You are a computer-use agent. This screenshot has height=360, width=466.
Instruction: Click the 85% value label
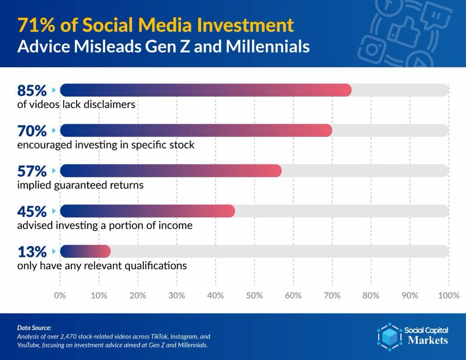[32, 90]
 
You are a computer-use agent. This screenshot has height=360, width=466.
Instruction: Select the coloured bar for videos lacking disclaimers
[206, 90]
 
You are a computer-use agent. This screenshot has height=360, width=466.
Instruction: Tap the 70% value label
[32, 130]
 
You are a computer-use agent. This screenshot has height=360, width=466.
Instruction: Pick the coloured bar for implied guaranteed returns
[171, 171]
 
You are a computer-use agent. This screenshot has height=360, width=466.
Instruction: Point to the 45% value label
[32, 211]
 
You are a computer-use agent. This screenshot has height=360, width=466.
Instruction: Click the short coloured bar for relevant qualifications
[85, 251]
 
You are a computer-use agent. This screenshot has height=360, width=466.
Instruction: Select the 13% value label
[32, 252]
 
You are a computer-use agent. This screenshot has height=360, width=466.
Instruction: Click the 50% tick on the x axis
[254, 295]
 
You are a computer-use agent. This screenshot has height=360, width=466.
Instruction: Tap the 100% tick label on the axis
[449, 295]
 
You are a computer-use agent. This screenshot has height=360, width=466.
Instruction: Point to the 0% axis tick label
[60, 295]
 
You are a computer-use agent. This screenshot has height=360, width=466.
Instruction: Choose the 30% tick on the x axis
[177, 295]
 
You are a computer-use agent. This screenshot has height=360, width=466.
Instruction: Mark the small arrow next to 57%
[54, 171]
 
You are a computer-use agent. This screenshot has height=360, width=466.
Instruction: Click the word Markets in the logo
[428, 340]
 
